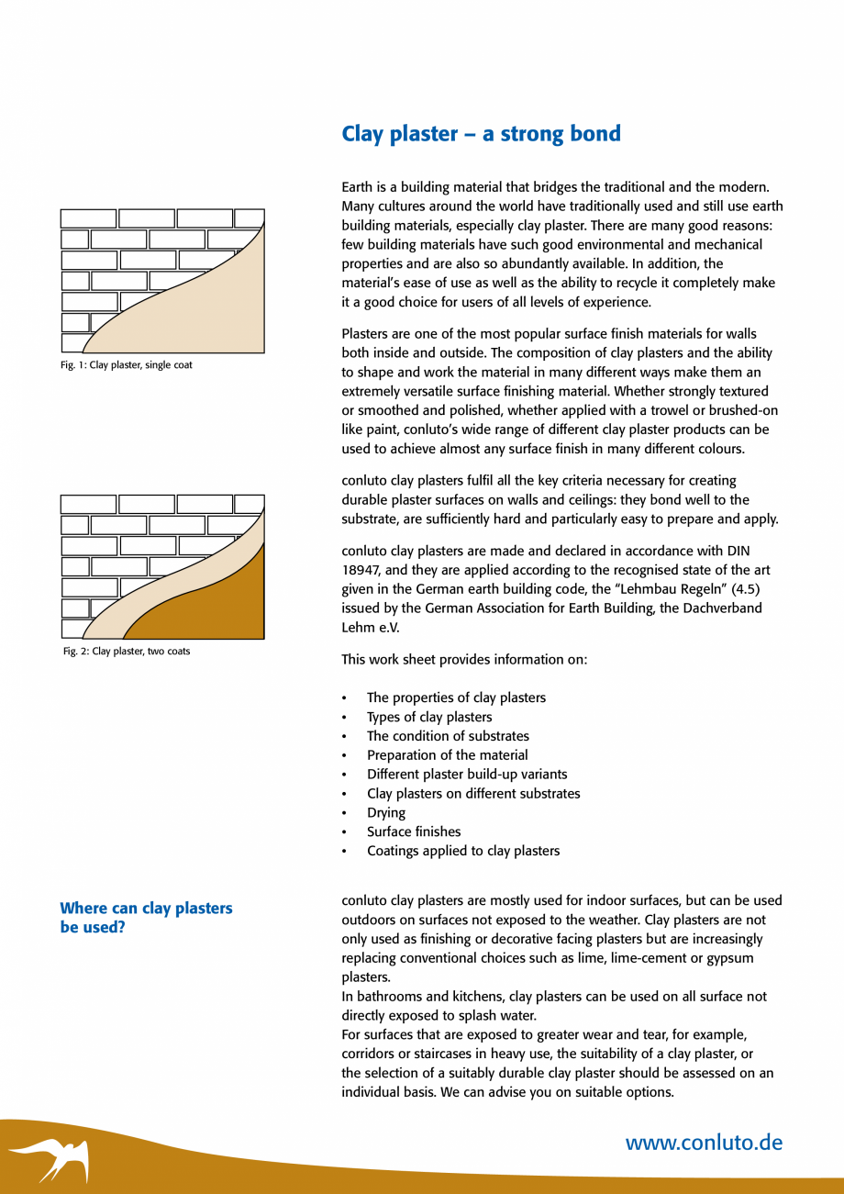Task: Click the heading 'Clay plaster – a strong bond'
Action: (481, 134)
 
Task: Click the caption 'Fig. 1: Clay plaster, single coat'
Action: (128, 365)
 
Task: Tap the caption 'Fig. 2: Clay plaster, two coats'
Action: (127, 652)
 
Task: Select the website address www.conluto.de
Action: (704, 1143)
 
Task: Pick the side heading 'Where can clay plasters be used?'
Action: (146, 917)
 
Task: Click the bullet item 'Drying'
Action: (386, 813)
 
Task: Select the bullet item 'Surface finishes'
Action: (414, 832)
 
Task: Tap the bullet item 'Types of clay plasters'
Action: (429, 718)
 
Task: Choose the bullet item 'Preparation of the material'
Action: (447, 755)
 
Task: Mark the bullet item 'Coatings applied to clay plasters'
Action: (462, 852)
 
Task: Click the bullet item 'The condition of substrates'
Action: (448, 736)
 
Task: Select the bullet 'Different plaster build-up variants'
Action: (467, 775)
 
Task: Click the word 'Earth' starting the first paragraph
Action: (359, 187)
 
